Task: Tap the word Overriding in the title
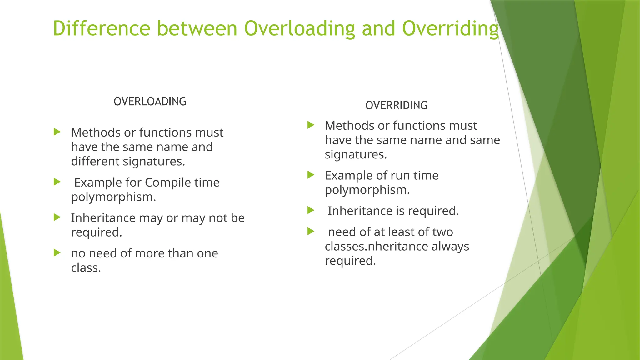pyautogui.click(x=450, y=29)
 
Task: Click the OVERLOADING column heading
pyautogui.click(x=150, y=102)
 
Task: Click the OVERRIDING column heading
pyautogui.click(x=397, y=105)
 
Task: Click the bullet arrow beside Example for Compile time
pyautogui.click(x=57, y=182)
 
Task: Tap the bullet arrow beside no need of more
pyautogui.click(x=57, y=252)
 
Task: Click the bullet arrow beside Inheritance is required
pyautogui.click(x=311, y=210)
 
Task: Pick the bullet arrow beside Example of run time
pyautogui.click(x=311, y=175)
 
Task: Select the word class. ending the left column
pyautogui.click(x=86, y=268)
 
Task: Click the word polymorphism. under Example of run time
pyautogui.click(x=367, y=190)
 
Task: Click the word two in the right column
pyautogui.click(x=442, y=232)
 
